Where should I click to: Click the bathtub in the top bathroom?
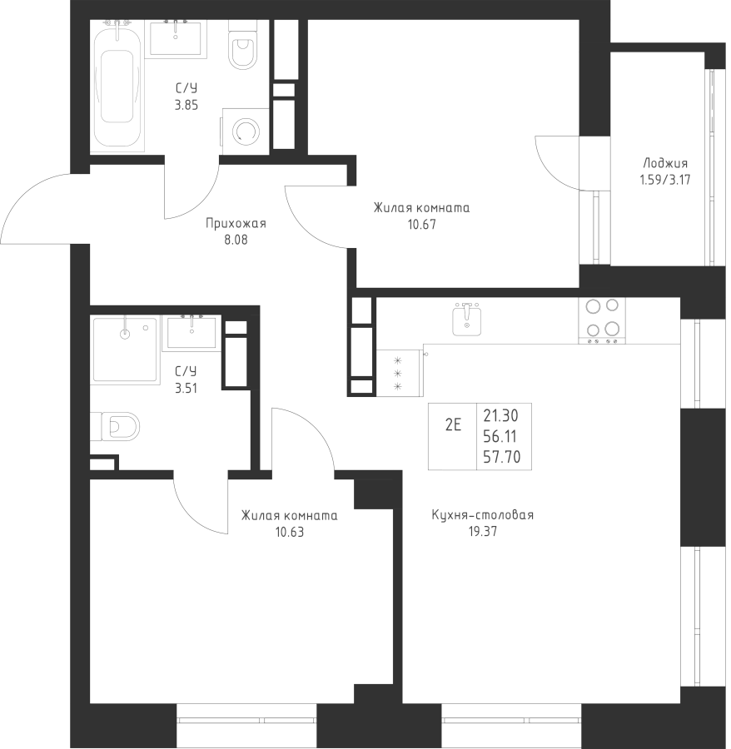coord(117,86)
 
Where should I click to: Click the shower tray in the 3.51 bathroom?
coord(125,350)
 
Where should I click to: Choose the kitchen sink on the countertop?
coord(467,319)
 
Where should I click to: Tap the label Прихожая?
coord(236,224)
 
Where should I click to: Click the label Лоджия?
coord(665,163)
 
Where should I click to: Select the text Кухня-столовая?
coord(483,515)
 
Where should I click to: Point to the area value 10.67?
coord(422,225)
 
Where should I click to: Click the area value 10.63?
coord(290,532)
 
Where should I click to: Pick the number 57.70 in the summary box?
coord(501,457)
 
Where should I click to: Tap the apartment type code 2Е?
coord(453,424)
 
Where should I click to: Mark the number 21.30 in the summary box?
coord(500,416)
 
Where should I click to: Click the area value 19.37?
coord(483,532)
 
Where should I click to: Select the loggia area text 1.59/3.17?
coord(665,180)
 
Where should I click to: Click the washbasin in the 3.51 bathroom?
coord(191,331)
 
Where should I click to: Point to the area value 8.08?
coord(236,240)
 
